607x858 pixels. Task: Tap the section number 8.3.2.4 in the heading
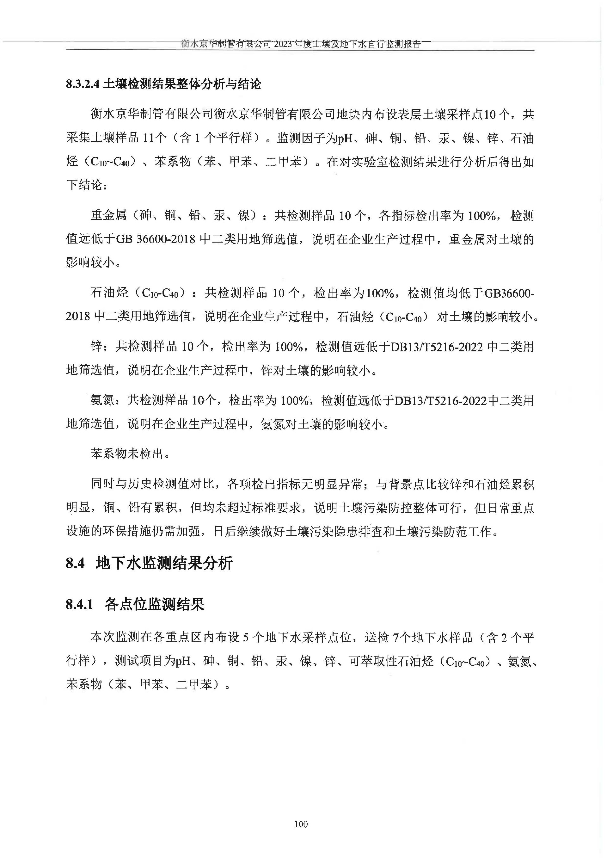83,84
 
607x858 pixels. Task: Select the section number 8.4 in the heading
76,563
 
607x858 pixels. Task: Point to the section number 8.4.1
79,605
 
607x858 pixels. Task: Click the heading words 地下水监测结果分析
164,563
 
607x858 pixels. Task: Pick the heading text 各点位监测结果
154,605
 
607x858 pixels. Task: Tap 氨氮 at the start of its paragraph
102,401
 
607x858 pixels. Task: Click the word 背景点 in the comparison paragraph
406,485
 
